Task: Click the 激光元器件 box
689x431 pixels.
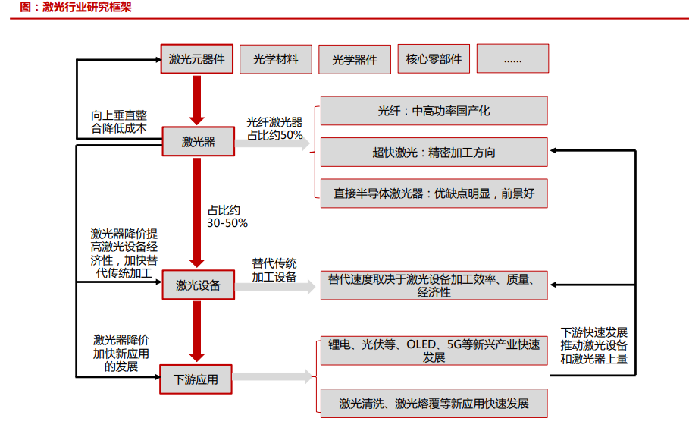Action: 196,58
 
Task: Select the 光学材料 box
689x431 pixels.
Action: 275,58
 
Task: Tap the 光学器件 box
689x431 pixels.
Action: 354,58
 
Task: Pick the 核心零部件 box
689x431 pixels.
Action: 433,58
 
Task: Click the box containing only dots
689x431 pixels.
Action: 512,58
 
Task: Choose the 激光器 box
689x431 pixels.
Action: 198,141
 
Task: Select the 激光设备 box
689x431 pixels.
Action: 198,285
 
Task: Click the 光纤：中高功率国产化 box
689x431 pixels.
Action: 434,111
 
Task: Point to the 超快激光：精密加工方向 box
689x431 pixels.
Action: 434,152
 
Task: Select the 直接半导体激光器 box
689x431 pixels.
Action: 434,193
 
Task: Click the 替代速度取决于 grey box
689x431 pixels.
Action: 434,285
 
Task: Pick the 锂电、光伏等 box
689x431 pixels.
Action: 434,351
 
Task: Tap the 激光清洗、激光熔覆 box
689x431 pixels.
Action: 434,403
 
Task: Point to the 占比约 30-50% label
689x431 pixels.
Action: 227,216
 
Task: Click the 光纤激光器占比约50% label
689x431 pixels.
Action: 274,128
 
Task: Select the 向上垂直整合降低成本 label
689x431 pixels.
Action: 119,121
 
